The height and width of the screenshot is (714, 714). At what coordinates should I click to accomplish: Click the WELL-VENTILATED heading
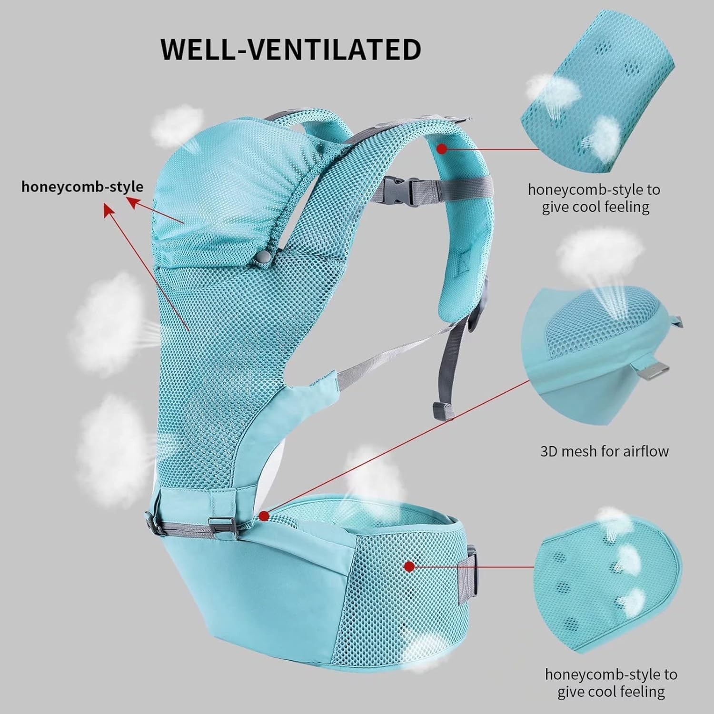pyautogui.click(x=291, y=49)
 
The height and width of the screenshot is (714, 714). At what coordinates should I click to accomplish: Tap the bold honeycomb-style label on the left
pyautogui.click(x=82, y=187)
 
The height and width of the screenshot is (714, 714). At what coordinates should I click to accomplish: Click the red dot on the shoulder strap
pyautogui.click(x=442, y=149)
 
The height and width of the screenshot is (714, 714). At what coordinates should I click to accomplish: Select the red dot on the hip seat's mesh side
pyautogui.click(x=408, y=566)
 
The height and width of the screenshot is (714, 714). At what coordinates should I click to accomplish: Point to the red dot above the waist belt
pyautogui.click(x=265, y=516)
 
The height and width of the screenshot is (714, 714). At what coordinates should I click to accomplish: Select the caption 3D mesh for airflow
pyautogui.click(x=604, y=451)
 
